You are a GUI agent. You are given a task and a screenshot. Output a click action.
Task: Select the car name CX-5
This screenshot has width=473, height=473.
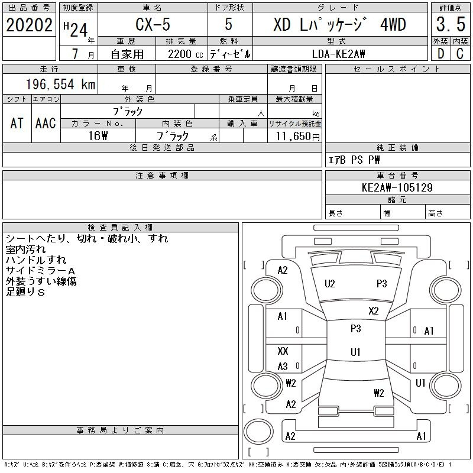(153, 25)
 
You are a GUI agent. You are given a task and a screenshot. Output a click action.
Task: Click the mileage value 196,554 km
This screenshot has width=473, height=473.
(60, 85)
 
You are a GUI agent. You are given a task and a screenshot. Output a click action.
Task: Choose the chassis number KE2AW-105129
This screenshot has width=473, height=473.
(397, 188)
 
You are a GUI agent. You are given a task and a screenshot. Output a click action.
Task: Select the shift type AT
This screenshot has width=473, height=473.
(17, 124)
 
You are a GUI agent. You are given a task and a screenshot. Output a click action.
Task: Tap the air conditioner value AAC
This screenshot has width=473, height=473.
(46, 124)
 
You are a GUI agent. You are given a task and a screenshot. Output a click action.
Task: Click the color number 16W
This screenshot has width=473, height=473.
(98, 136)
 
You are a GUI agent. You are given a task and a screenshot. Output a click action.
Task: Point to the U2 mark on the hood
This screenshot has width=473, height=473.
(330, 284)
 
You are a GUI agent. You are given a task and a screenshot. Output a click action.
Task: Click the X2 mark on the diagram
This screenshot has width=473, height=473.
(373, 311)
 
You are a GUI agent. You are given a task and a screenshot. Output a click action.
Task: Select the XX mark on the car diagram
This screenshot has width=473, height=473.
(283, 351)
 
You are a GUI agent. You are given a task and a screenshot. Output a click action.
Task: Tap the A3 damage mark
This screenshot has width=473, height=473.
(283, 367)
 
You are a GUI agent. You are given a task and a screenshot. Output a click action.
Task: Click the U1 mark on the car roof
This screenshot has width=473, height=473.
(355, 352)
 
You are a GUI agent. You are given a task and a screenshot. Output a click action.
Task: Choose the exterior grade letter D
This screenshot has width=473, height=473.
(440, 54)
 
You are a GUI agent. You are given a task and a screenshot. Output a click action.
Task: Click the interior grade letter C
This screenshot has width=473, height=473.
(460, 54)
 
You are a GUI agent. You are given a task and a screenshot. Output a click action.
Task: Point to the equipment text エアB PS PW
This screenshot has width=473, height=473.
(354, 160)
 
